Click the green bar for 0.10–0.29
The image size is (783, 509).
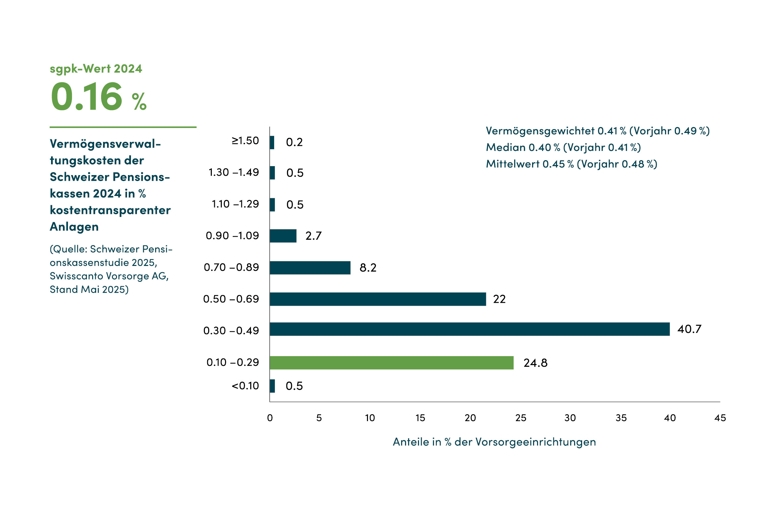coord(391,362)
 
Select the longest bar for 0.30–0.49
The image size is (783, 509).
coord(469,329)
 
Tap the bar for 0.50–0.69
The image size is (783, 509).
coord(378,299)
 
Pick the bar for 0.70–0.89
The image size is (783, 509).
coord(310,268)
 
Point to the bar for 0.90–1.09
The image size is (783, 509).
coord(283,236)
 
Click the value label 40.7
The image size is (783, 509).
coord(689,329)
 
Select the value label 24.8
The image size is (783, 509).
coord(535,363)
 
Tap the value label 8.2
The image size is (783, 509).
coord(368,268)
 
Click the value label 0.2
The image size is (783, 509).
coord(294,142)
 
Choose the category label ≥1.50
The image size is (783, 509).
coord(245,141)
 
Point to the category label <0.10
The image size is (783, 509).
coord(245,386)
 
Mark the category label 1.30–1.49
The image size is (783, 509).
coord(233,172)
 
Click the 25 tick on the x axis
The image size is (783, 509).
coord(520,418)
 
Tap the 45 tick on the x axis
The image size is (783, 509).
coord(720,418)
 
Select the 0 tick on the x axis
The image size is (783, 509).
coord(270,418)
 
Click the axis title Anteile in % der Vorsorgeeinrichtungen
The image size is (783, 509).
coord(494,442)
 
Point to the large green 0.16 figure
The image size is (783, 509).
coord(87,96)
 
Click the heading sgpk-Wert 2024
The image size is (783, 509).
coord(96,69)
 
